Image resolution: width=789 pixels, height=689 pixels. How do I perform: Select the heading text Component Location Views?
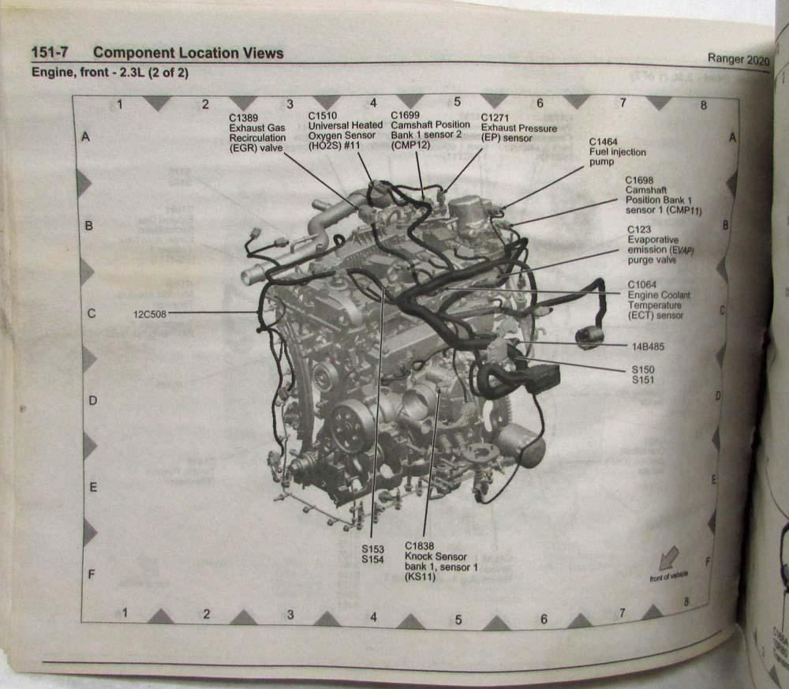188,54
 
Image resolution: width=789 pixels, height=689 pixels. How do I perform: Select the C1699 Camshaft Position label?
430,130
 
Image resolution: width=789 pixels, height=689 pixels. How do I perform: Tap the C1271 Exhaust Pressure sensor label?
518,128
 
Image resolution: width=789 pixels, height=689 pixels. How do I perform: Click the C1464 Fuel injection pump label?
618,152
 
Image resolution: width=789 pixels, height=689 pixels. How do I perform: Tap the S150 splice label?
642,369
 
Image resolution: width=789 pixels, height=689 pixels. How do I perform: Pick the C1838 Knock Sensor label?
441,561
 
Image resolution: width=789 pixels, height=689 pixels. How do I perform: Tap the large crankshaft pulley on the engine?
347,427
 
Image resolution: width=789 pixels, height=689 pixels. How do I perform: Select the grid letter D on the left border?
92,401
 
